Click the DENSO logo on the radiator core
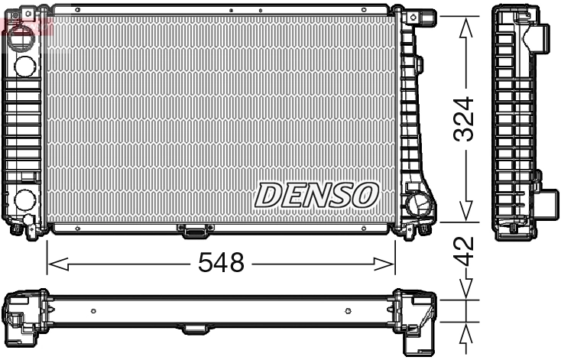(316, 195)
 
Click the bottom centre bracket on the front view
(193, 229)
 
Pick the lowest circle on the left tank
(23, 201)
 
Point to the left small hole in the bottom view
(92, 311)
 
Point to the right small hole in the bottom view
(348, 311)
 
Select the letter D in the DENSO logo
(268, 195)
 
